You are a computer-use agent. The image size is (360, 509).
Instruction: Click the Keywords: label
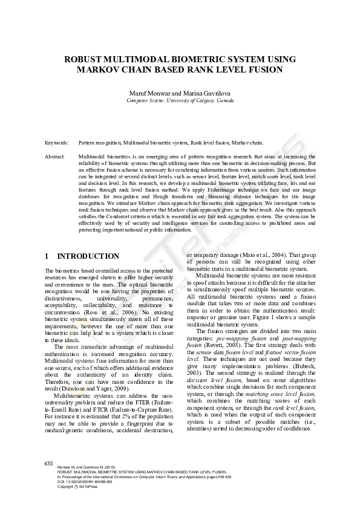point(56,143)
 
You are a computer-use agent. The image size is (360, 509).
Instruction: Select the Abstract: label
point(55,157)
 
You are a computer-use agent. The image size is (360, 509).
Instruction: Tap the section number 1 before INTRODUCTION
point(48,256)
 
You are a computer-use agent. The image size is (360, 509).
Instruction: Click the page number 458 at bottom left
point(49,463)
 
